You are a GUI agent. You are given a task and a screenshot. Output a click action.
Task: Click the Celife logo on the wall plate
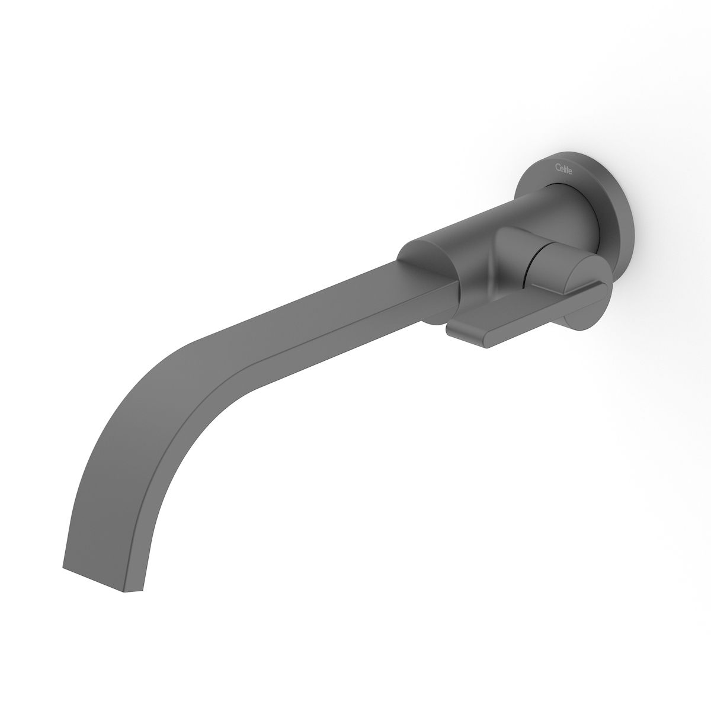click(x=564, y=169)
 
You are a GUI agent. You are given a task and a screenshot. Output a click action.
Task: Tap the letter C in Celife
click(x=558, y=166)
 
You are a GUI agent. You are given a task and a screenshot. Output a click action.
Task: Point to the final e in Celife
click(x=571, y=172)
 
